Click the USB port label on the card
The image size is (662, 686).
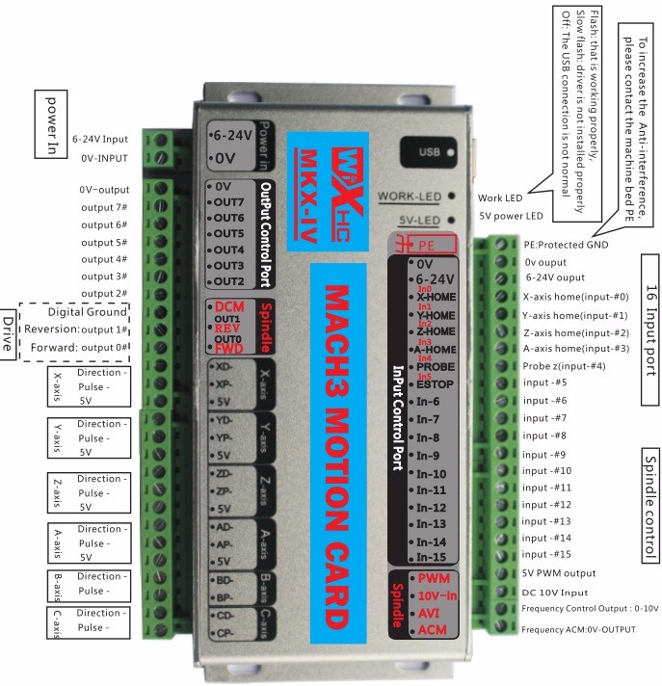431,152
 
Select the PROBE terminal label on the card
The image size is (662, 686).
437,367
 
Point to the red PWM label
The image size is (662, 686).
432,577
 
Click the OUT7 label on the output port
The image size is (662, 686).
228,201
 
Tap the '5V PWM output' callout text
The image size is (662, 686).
565,572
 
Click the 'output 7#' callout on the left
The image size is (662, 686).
104,207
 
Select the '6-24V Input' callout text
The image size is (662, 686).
100,139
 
